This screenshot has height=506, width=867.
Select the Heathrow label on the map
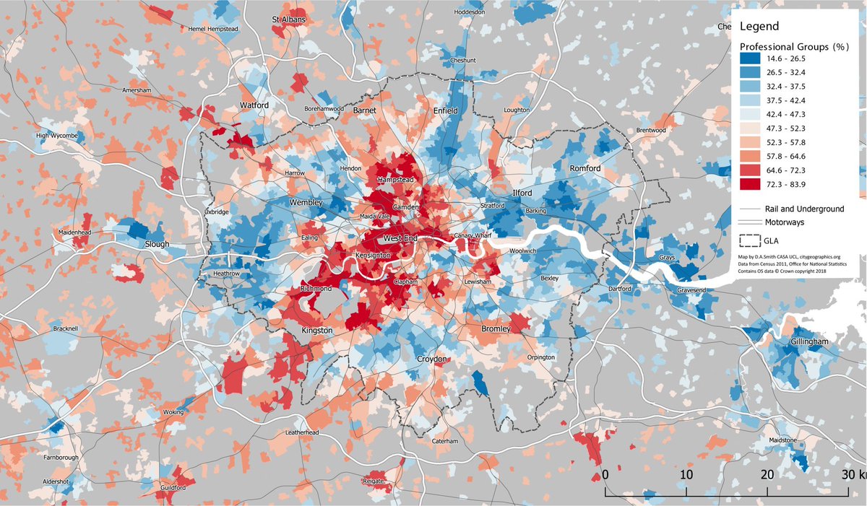230,274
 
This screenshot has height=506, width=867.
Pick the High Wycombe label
57,136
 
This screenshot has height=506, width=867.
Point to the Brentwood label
650,130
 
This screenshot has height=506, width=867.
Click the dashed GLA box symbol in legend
750,240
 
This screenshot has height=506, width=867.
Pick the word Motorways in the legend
785,223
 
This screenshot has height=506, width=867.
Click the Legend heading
759,26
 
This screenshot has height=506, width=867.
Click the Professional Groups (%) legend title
793,45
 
